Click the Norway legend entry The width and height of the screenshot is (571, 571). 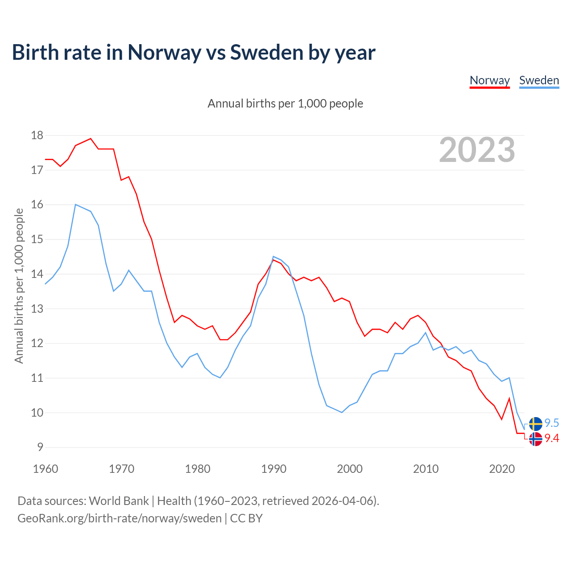[489, 80]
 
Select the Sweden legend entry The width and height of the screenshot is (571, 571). [539, 80]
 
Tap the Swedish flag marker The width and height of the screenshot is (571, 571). [535, 424]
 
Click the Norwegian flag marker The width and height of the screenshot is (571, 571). [535, 439]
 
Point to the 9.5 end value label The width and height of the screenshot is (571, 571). [552, 423]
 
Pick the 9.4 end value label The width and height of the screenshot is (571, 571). [552, 439]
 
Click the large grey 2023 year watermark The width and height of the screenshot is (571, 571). [477, 150]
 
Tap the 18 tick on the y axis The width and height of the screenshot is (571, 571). [37, 135]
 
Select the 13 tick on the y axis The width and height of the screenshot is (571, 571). [37, 309]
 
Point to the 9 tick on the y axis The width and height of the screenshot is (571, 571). [40, 447]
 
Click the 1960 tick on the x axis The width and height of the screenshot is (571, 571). [46, 469]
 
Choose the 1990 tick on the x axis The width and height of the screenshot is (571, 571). [273, 469]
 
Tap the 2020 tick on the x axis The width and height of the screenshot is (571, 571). [502, 469]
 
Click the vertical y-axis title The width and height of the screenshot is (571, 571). [19, 285]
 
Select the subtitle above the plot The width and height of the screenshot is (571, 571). [285, 103]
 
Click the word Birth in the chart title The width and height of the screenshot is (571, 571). [35, 53]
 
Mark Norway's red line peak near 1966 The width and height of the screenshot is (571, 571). [91, 139]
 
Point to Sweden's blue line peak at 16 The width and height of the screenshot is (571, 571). [76, 205]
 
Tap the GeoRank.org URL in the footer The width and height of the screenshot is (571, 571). [120, 518]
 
